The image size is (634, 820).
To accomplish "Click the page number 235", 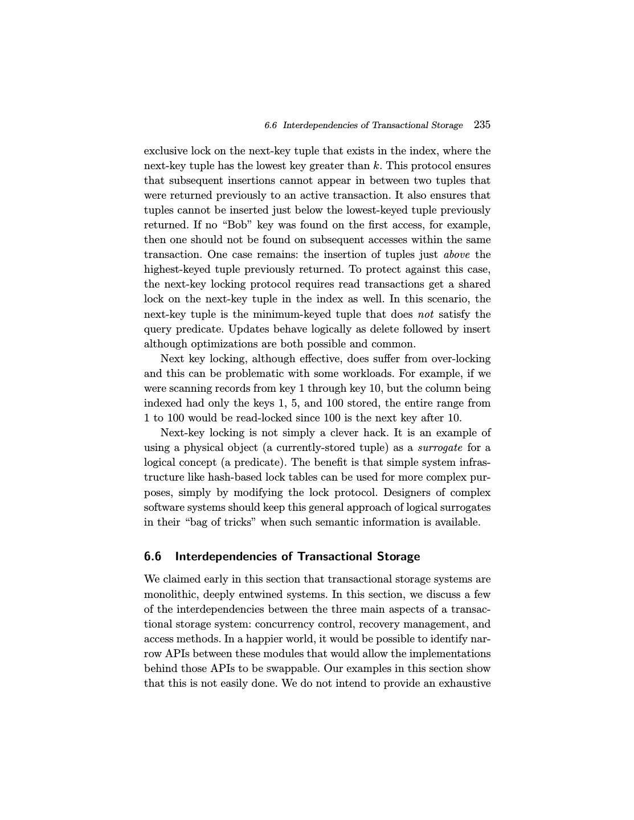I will pos(482,125).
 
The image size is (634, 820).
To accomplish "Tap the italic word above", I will pos(456,255).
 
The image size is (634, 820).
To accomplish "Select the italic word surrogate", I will pos(440,448).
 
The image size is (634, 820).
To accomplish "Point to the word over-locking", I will pos(461,359).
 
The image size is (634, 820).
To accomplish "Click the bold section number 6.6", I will pos(153,556).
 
